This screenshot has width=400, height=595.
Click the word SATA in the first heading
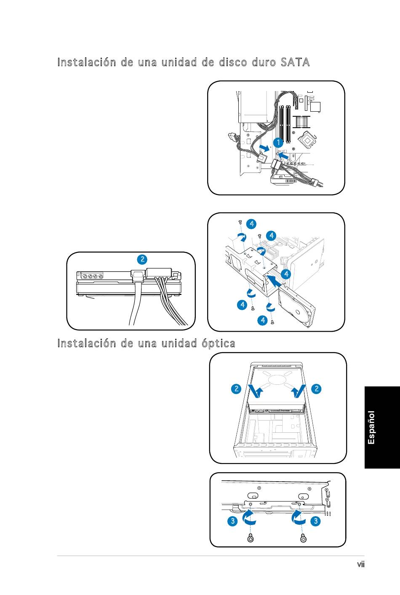click(295, 62)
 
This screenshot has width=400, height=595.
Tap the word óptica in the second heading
click(217, 343)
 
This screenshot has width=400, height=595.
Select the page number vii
click(360, 564)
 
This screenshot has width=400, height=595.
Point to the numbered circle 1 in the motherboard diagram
click(277, 143)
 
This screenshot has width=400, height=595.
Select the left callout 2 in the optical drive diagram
click(236, 389)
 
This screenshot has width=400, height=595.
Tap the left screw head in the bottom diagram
click(251, 539)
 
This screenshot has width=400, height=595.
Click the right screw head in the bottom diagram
click(303, 539)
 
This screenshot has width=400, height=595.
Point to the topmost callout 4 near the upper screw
click(251, 223)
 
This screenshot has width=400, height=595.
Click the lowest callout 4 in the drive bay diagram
click(262, 321)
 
